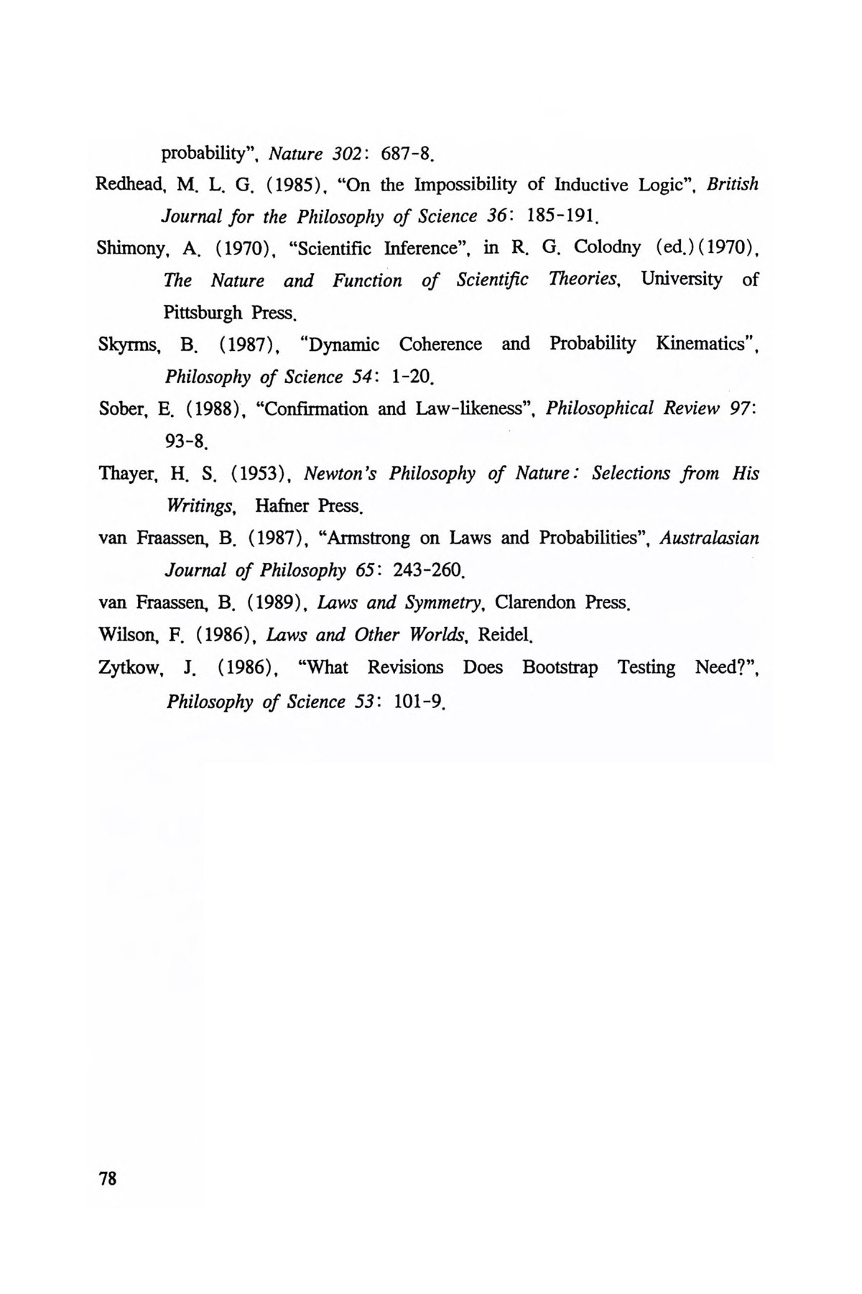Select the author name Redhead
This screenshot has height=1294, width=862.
[121, 185]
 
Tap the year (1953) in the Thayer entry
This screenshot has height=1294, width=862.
[261, 474]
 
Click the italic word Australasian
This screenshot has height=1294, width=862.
[709, 538]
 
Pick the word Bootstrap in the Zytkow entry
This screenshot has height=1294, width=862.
[560, 668]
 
